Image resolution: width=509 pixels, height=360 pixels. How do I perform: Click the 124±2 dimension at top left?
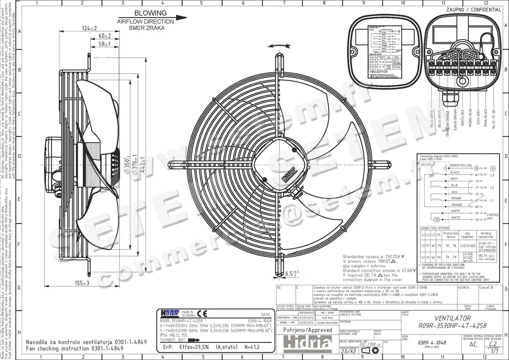click(89, 28)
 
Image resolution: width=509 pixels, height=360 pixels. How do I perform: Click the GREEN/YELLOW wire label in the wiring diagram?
click(461, 165)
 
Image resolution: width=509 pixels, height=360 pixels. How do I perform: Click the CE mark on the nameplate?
click(202, 314)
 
